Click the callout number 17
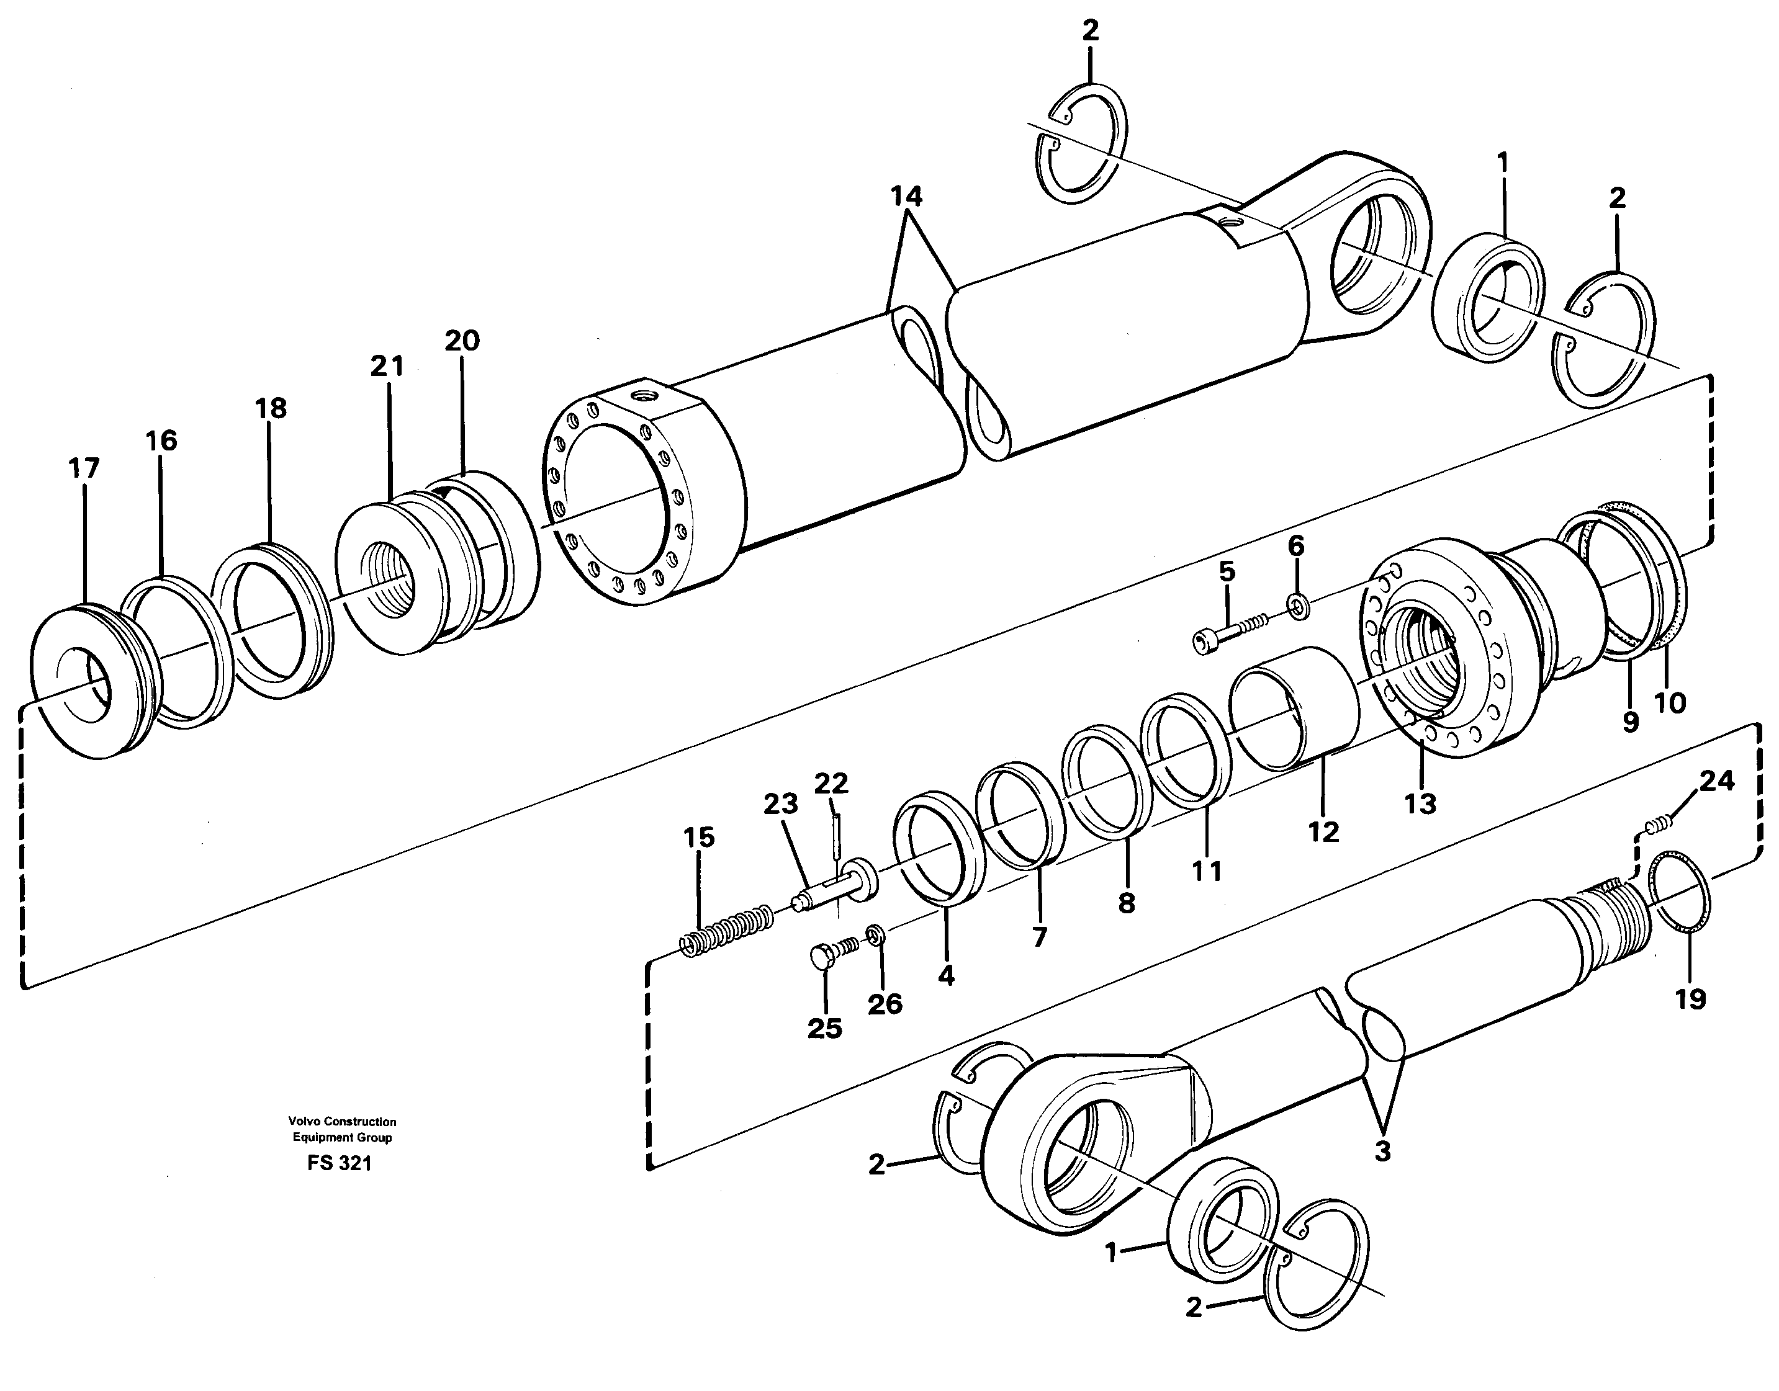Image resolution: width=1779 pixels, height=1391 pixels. [84, 468]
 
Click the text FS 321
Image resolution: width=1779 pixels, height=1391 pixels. [340, 1164]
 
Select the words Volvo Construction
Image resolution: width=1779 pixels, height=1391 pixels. [341, 1122]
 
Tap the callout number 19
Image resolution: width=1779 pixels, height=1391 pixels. [1690, 998]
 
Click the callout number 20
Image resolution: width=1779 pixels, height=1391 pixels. [462, 341]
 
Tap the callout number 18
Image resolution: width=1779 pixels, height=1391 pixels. [271, 408]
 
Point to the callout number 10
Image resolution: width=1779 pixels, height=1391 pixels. [1670, 703]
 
